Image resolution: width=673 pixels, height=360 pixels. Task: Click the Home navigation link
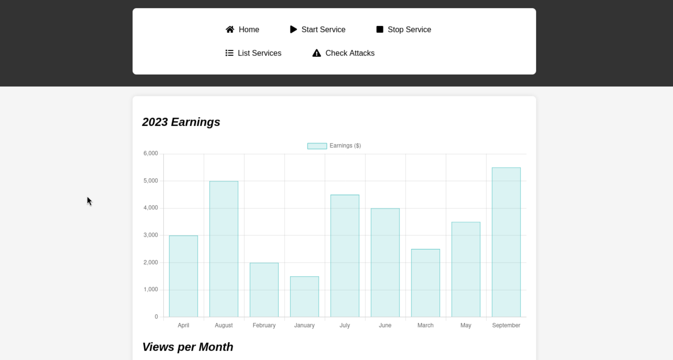point(242,30)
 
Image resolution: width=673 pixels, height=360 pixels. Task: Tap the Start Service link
point(318,30)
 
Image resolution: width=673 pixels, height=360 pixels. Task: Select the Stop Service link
point(404,30)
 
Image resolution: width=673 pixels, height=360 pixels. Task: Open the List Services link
point(253,53)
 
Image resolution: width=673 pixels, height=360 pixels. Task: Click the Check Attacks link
point(343,53)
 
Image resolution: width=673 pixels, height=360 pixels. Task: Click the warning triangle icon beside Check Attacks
point(317,53)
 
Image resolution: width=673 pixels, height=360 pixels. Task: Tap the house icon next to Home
point(230,30)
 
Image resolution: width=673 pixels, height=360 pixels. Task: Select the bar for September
point(506,242)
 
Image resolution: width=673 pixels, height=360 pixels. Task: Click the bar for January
point(304,297)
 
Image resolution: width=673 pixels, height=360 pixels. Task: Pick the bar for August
point(224,249)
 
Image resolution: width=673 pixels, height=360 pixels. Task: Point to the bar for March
point(426,283)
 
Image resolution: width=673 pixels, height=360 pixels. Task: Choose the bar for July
point(345,256)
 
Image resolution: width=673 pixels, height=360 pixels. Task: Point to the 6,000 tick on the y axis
point(151,154)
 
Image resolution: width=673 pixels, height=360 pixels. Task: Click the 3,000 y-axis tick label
point(151,235)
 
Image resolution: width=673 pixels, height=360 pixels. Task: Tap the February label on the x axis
point(264,325)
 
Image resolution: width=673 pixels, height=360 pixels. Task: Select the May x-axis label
point(466,325)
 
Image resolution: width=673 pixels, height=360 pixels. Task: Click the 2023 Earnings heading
point(181,122)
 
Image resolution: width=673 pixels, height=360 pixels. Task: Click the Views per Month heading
point(188,347)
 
